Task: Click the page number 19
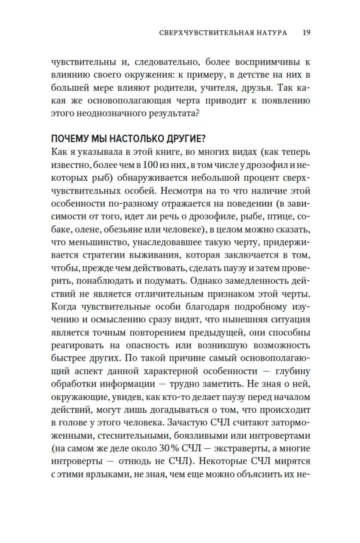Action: click(x=306, y=33)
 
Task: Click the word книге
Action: click(x=164, y=152)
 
